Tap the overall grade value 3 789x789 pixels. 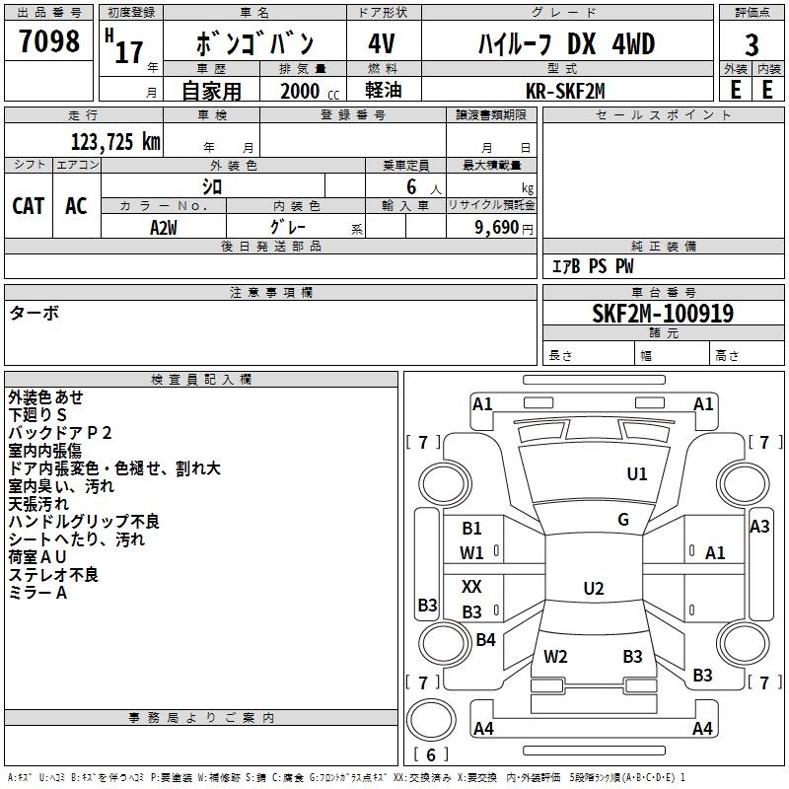pyautogui.click(x=752, y=44)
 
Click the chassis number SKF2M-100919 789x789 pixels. pyautogui.click(x=662, y=314)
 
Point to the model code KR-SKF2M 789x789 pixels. pyautogui.click(x=566, y=91)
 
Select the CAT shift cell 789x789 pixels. pyautogui.click(x=28, y=206)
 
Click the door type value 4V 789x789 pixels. pyautogui.click(x=382, y=44)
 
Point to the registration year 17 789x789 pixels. pyautogui.click(x=128, y=51)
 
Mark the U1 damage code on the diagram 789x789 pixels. pyautogui.click(x=637, y=474)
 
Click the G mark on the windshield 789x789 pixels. pyautogui.click(x=623, y=520)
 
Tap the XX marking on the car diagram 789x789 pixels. pyautogui.click(x=472, y=586)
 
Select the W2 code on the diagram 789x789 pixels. pyautogui.click(x=555, y=656)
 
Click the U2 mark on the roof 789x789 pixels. pyautogui.click(x=593, y=589)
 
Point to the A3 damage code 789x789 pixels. pyautogui.click(x=759, y=527)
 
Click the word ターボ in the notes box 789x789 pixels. pyautogui.click(x=34, y=314)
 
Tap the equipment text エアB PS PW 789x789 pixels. pyautogui.click(x=593, y=266)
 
